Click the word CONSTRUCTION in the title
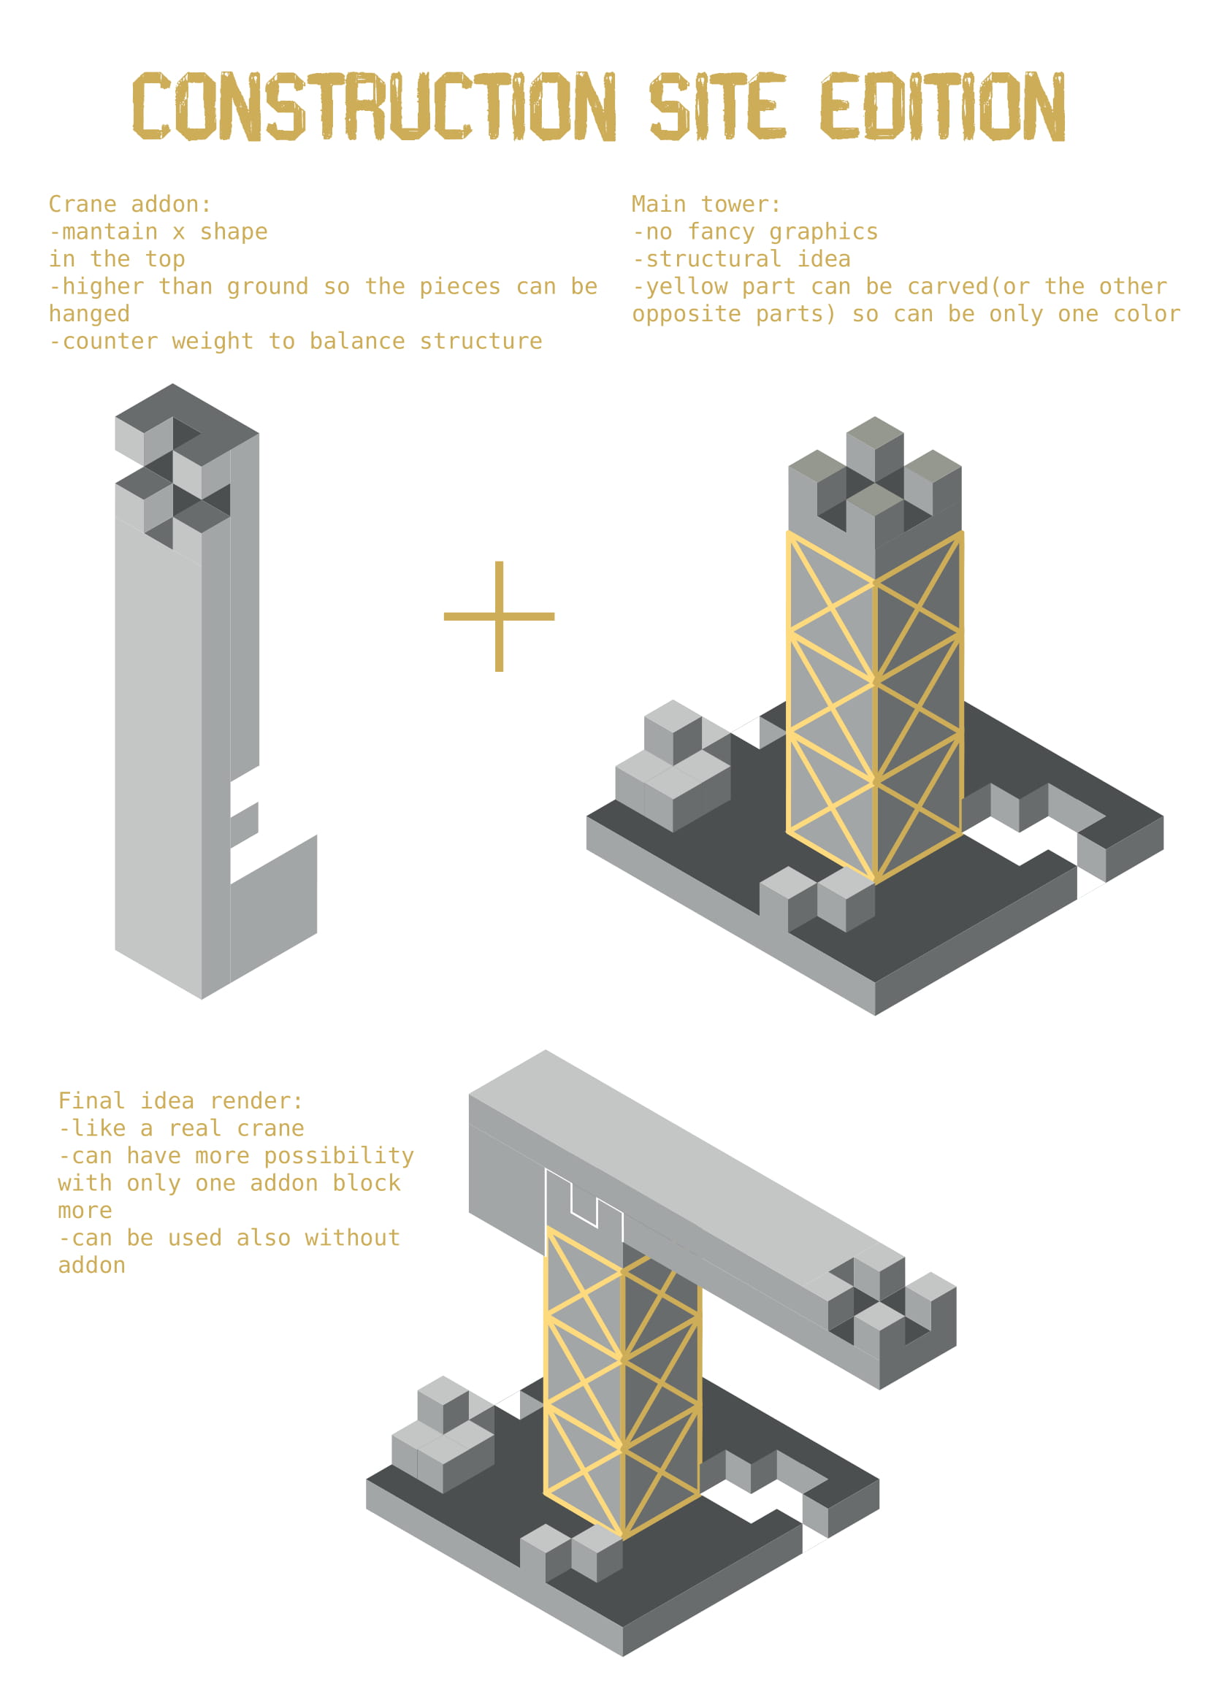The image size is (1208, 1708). click(374, 107)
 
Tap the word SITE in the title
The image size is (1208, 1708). click(718, 107)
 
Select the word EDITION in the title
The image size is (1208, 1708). click(943, 107)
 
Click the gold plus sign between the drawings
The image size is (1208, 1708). click(499, 616)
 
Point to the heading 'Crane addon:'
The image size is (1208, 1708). click(130, 204)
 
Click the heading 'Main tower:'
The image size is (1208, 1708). click(706, 204)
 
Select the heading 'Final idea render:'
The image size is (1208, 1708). click(180, 1100)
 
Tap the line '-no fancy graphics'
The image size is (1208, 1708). click(755, 231)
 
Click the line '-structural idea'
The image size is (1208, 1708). click(741, 259)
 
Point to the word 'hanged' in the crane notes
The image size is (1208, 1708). click(89, 314)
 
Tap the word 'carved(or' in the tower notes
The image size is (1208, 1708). click(968, 286)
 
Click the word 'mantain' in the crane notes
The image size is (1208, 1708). click(110, 231)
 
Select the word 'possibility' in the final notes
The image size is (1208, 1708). click(339, 1155)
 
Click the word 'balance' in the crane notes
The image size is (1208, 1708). click(356, 341)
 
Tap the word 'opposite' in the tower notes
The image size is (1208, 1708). click(686, 314)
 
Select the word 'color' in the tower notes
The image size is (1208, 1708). click(1146, 314)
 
